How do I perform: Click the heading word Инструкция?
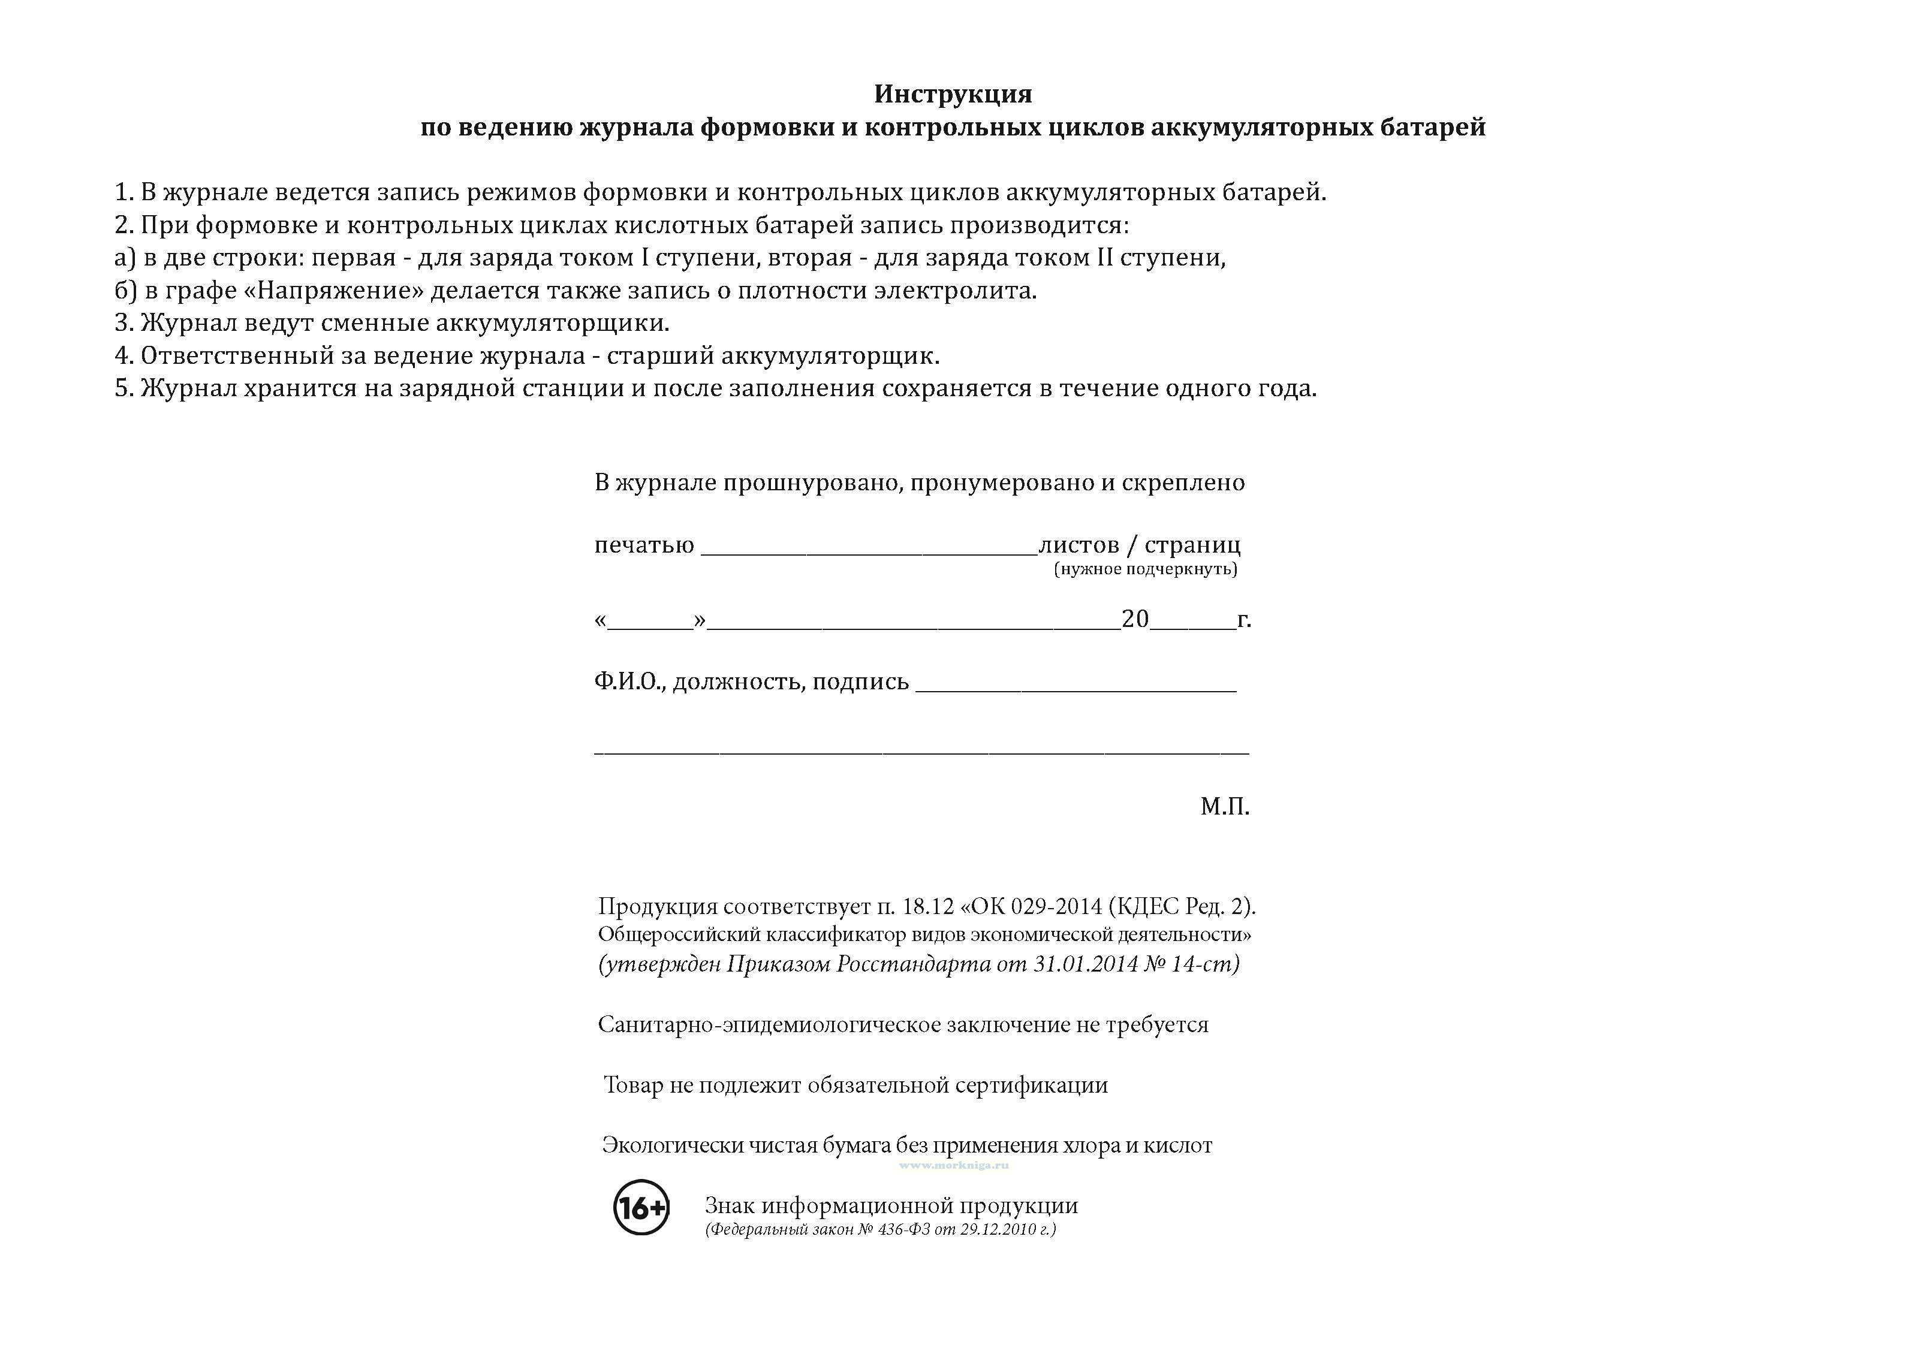pyautogui.click(x=953, y=94)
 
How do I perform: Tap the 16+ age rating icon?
pyautogui.click(x=641, y=1207)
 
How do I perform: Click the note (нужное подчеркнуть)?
pyautogui.click(x=1146, y=569)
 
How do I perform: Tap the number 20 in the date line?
pyautogui.click(x=1135, y=619)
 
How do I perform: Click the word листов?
pyautogui.click(x=1079, y=545)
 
